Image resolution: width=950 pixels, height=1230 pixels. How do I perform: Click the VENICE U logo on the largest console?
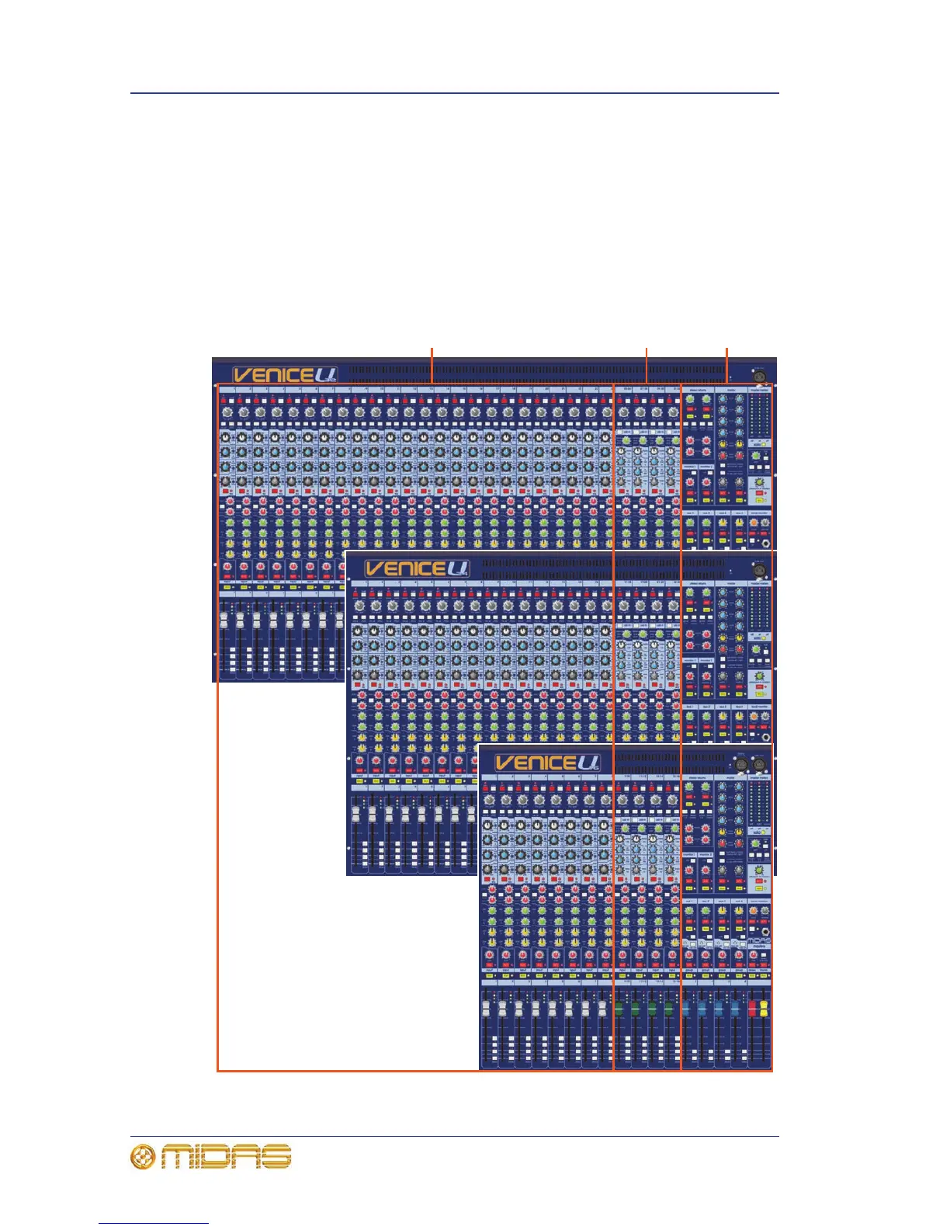point(285,375)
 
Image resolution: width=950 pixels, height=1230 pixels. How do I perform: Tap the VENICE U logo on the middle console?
point(417,568)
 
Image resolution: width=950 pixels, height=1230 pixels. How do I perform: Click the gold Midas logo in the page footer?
point(210,1156)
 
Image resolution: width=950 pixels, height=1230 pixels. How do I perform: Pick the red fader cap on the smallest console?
point(751,1009)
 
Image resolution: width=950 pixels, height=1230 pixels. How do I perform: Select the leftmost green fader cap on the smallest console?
point(619,1010)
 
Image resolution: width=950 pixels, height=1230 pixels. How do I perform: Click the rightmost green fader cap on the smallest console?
point(668,1010)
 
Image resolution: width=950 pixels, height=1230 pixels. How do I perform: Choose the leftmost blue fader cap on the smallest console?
point(686,1010)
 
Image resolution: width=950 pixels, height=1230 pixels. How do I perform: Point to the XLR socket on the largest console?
point(759,377)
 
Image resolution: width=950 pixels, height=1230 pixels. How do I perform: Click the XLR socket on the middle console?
point(759,571)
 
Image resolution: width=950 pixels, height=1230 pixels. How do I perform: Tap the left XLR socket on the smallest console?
point(740,765)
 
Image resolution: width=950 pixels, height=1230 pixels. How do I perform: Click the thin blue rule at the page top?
point(454,93)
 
